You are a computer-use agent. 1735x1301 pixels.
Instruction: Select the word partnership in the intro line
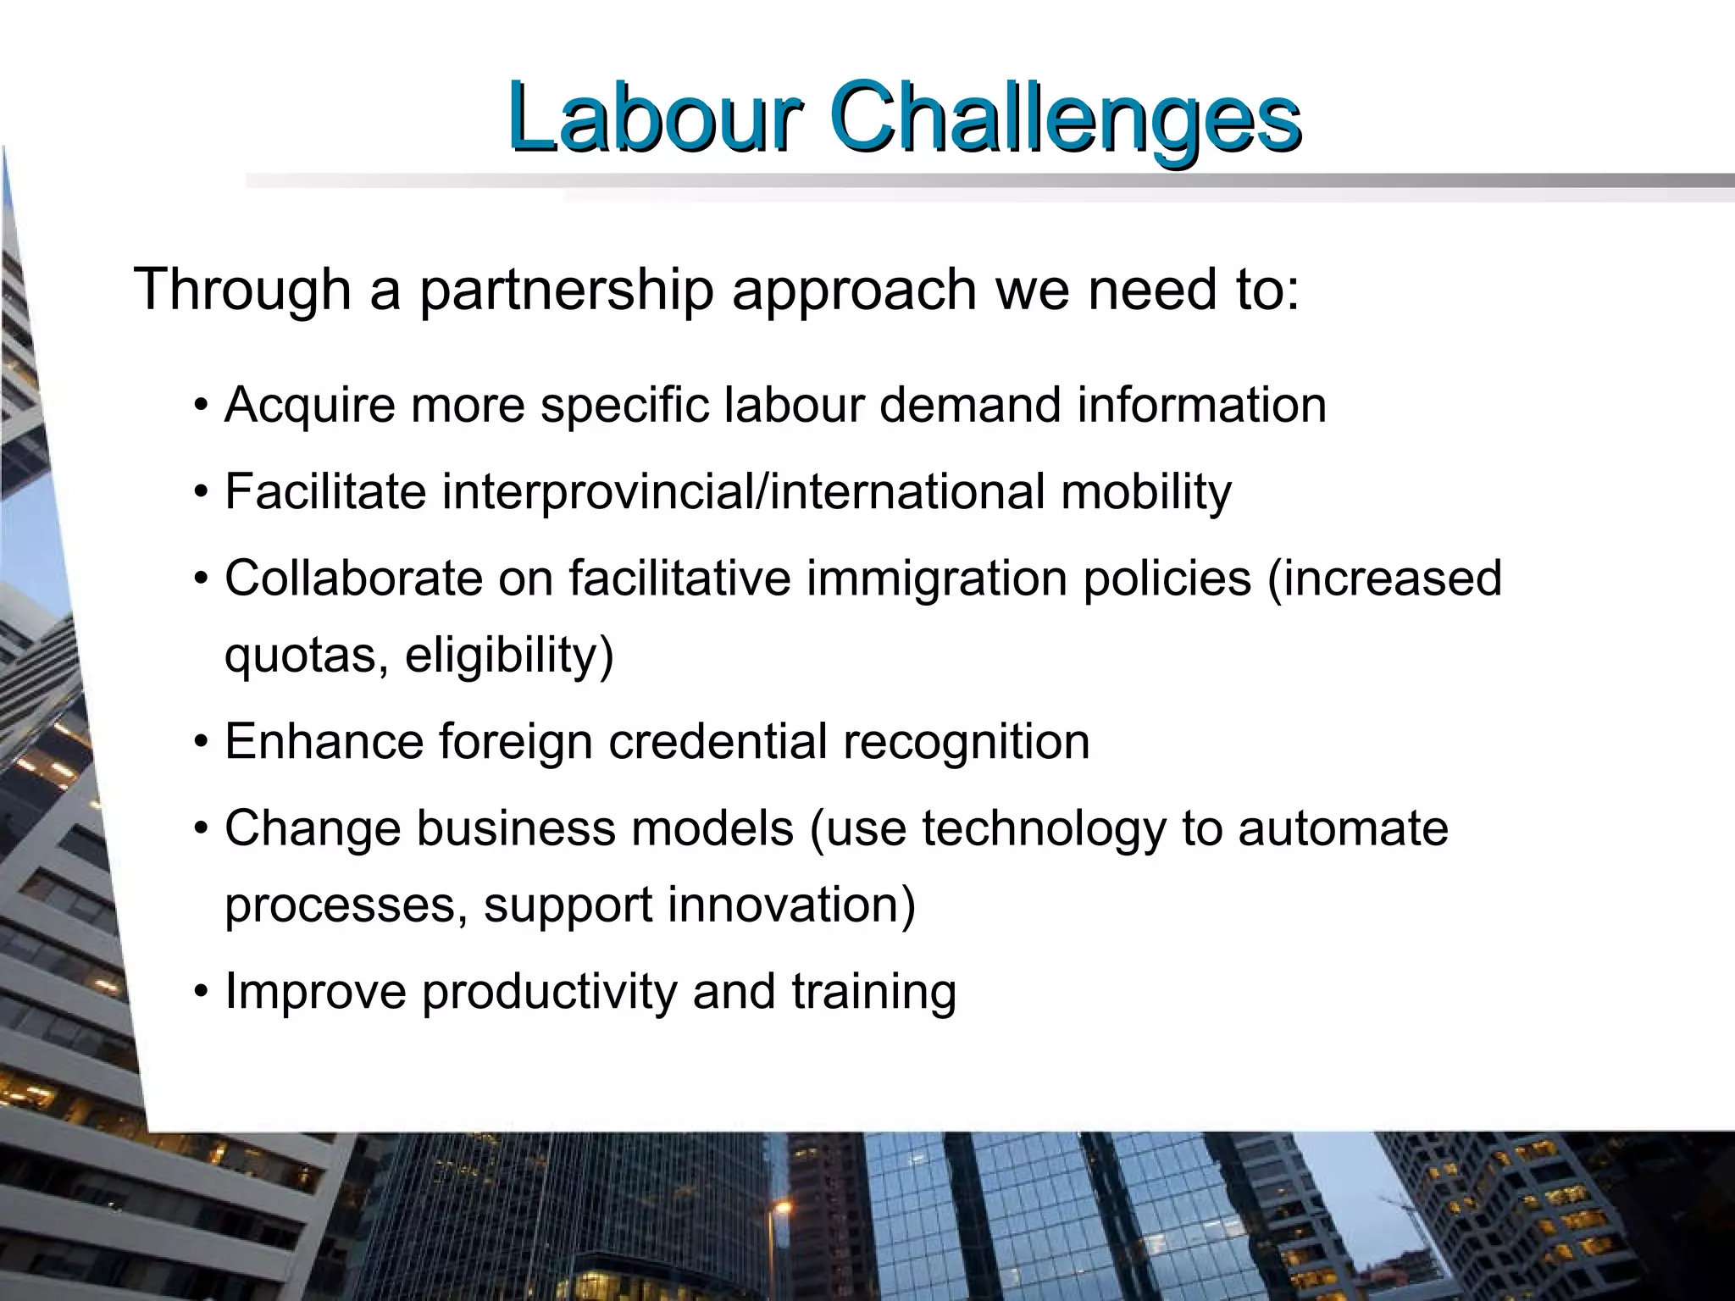click(566, 290)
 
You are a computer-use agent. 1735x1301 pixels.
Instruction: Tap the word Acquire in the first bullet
click(309, 406)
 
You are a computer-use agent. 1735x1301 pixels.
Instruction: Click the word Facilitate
click(324, 491)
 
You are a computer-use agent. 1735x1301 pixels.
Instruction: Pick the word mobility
click(1146, 493)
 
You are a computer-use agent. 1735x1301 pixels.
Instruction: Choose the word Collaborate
click(353, 579)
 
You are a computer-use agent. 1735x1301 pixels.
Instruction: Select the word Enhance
click(324, 742)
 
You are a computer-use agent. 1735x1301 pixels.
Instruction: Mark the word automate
click(1343, 828)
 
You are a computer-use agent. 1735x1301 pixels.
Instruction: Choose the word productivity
click(549, 993)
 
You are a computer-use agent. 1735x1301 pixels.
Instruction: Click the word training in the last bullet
click(873, 993)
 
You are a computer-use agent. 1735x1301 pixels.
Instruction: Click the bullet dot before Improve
click(200, 992)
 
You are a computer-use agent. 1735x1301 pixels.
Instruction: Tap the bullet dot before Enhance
click(200, 742)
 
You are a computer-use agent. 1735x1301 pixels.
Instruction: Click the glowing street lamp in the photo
click(783, 1206)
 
